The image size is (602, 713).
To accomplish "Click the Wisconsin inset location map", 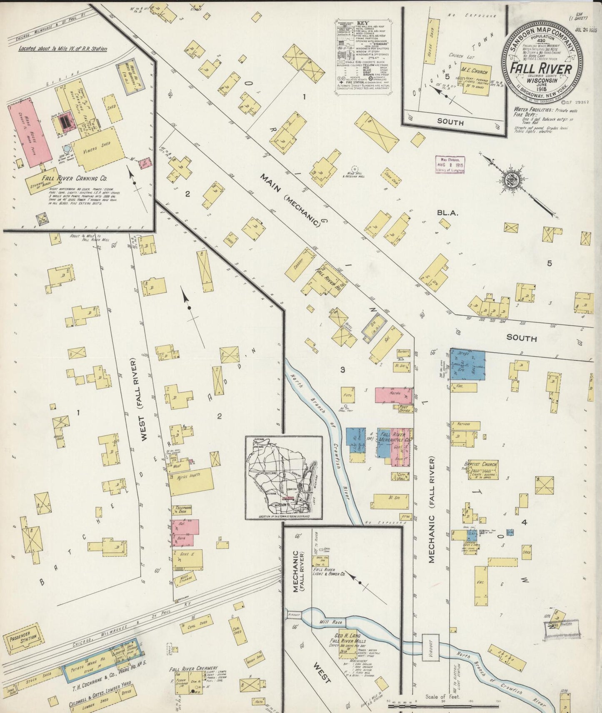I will tap(283, 477).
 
